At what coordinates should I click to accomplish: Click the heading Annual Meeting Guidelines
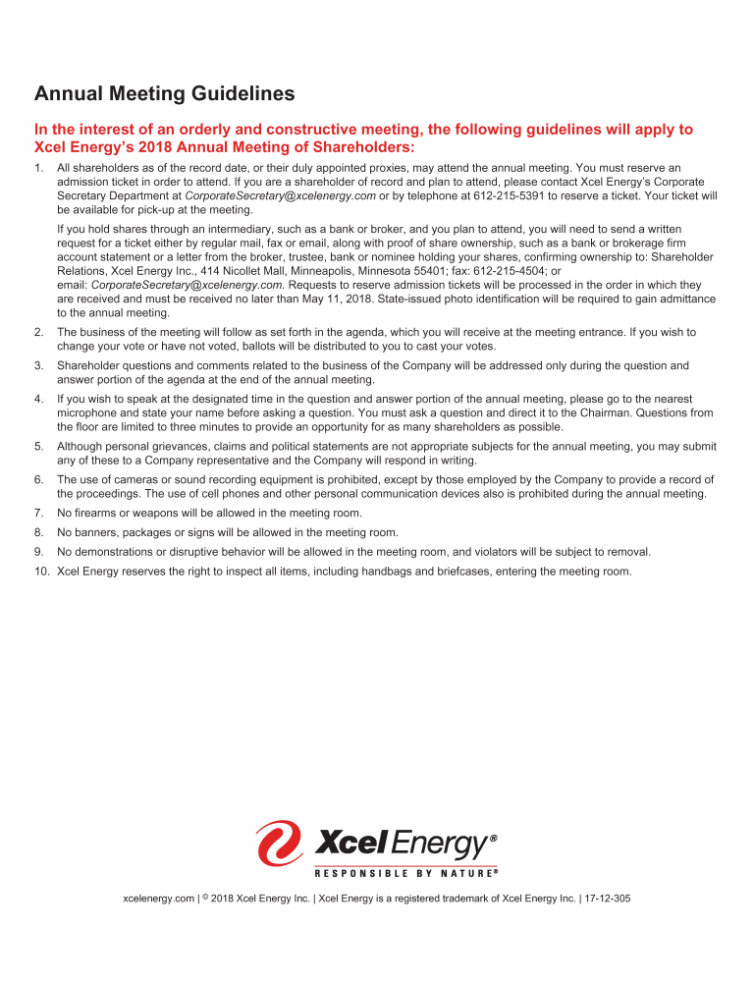164,94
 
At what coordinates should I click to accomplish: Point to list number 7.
38,514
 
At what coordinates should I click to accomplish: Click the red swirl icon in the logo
279,844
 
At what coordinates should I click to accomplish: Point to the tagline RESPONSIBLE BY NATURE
405,872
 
